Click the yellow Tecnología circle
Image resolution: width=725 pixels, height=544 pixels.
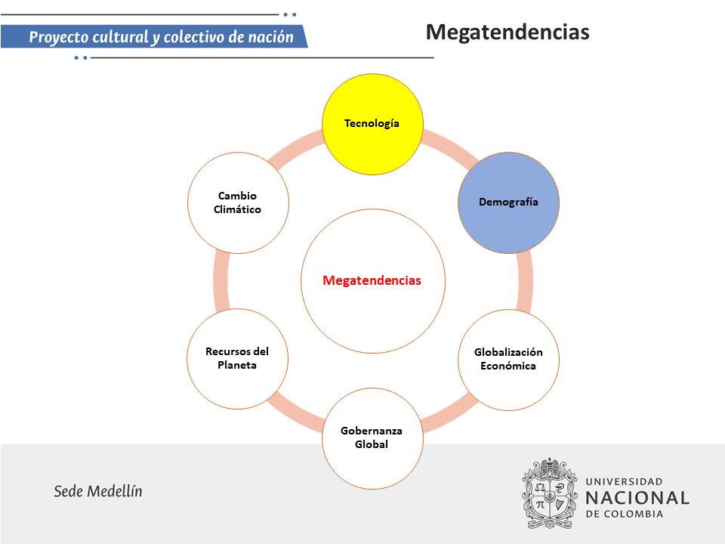(372, 123)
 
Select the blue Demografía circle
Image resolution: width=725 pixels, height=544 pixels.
(508, 202)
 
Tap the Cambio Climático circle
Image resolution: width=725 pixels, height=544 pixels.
(237, 202)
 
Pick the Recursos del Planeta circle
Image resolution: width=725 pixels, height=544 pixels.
(237, 359)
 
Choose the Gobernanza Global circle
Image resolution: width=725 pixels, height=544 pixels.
(372, 438)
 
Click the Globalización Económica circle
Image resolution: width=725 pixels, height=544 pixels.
(508, 360)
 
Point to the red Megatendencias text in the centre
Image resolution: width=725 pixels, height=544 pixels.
(372, 280)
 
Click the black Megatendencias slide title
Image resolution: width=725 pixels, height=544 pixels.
(507, 32)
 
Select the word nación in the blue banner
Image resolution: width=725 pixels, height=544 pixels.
(270, 37)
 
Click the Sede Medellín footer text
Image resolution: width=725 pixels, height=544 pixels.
(98, 491)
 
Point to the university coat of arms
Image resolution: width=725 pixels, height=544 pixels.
(550, 493)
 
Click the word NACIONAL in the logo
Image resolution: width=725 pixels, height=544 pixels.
(637, 498)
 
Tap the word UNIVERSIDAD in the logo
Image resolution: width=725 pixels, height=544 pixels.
(625, 481)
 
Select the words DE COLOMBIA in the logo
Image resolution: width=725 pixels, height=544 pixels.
(625, 515)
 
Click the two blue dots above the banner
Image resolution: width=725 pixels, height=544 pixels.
(289, 14)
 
